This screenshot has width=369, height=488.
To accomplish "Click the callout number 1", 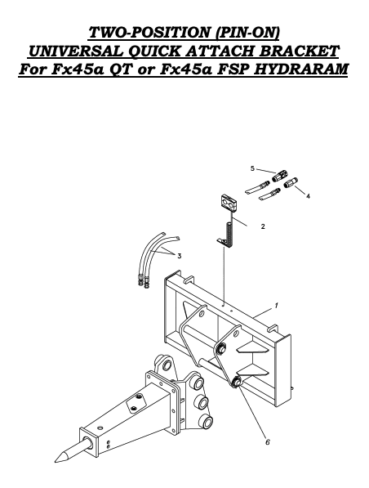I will click(x=277, y=305).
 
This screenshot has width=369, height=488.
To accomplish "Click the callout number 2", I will click(x=262, y=226).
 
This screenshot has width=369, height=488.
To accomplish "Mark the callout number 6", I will click(x=267, y=442).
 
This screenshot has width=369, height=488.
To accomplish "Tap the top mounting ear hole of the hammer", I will click(x=167, y=363).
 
